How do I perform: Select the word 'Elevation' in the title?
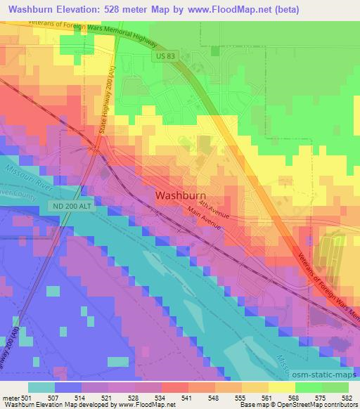click(x=82, y=9)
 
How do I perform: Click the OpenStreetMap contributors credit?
click(x=317, y=405)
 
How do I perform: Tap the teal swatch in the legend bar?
click(x=40, y=387)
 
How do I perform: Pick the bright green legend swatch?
click(x=307, y=387)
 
